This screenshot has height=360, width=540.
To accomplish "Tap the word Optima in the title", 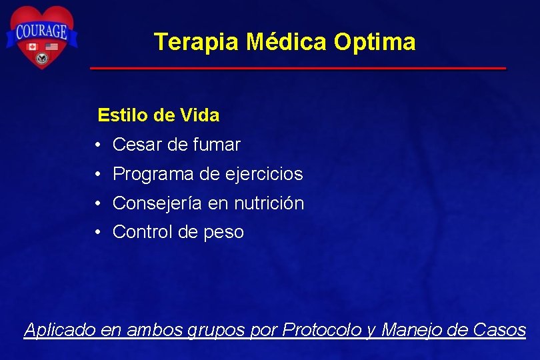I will [375, 42].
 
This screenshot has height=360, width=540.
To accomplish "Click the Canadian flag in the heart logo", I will [31, 47].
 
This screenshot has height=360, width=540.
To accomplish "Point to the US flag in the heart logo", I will [51, 47].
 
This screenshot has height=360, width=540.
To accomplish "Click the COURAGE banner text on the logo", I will [41, 31].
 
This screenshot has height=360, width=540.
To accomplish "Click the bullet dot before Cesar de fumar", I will [97, 145].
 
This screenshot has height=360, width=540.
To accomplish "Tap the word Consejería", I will [158, 203].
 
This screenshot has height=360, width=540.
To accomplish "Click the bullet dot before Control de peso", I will [97, 233].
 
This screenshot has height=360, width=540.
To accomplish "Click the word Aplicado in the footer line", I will [60, 330].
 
